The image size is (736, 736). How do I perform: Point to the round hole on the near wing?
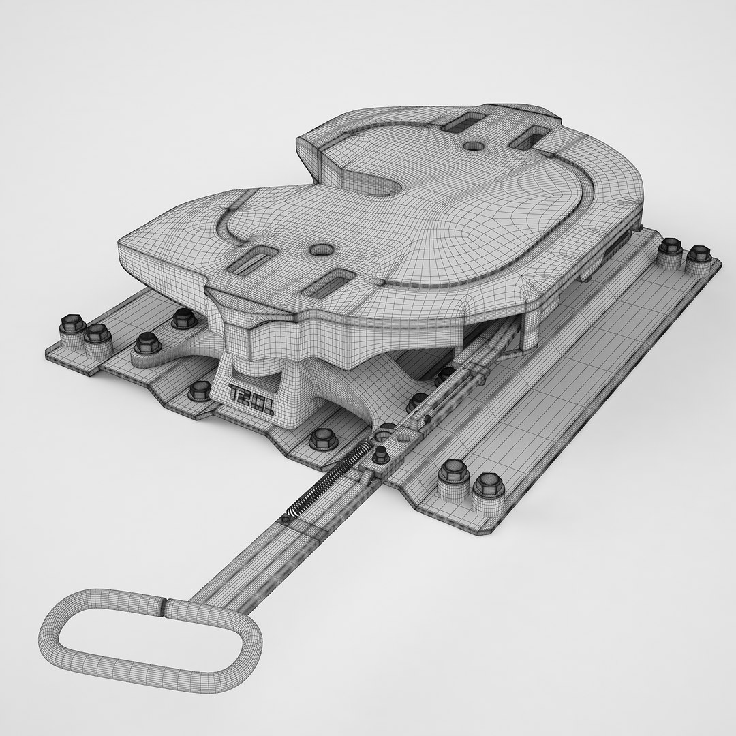pos(320,250)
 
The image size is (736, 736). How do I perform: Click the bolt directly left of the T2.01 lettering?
pos(200,390)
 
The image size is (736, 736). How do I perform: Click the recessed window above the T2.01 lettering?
pos(247,364)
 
